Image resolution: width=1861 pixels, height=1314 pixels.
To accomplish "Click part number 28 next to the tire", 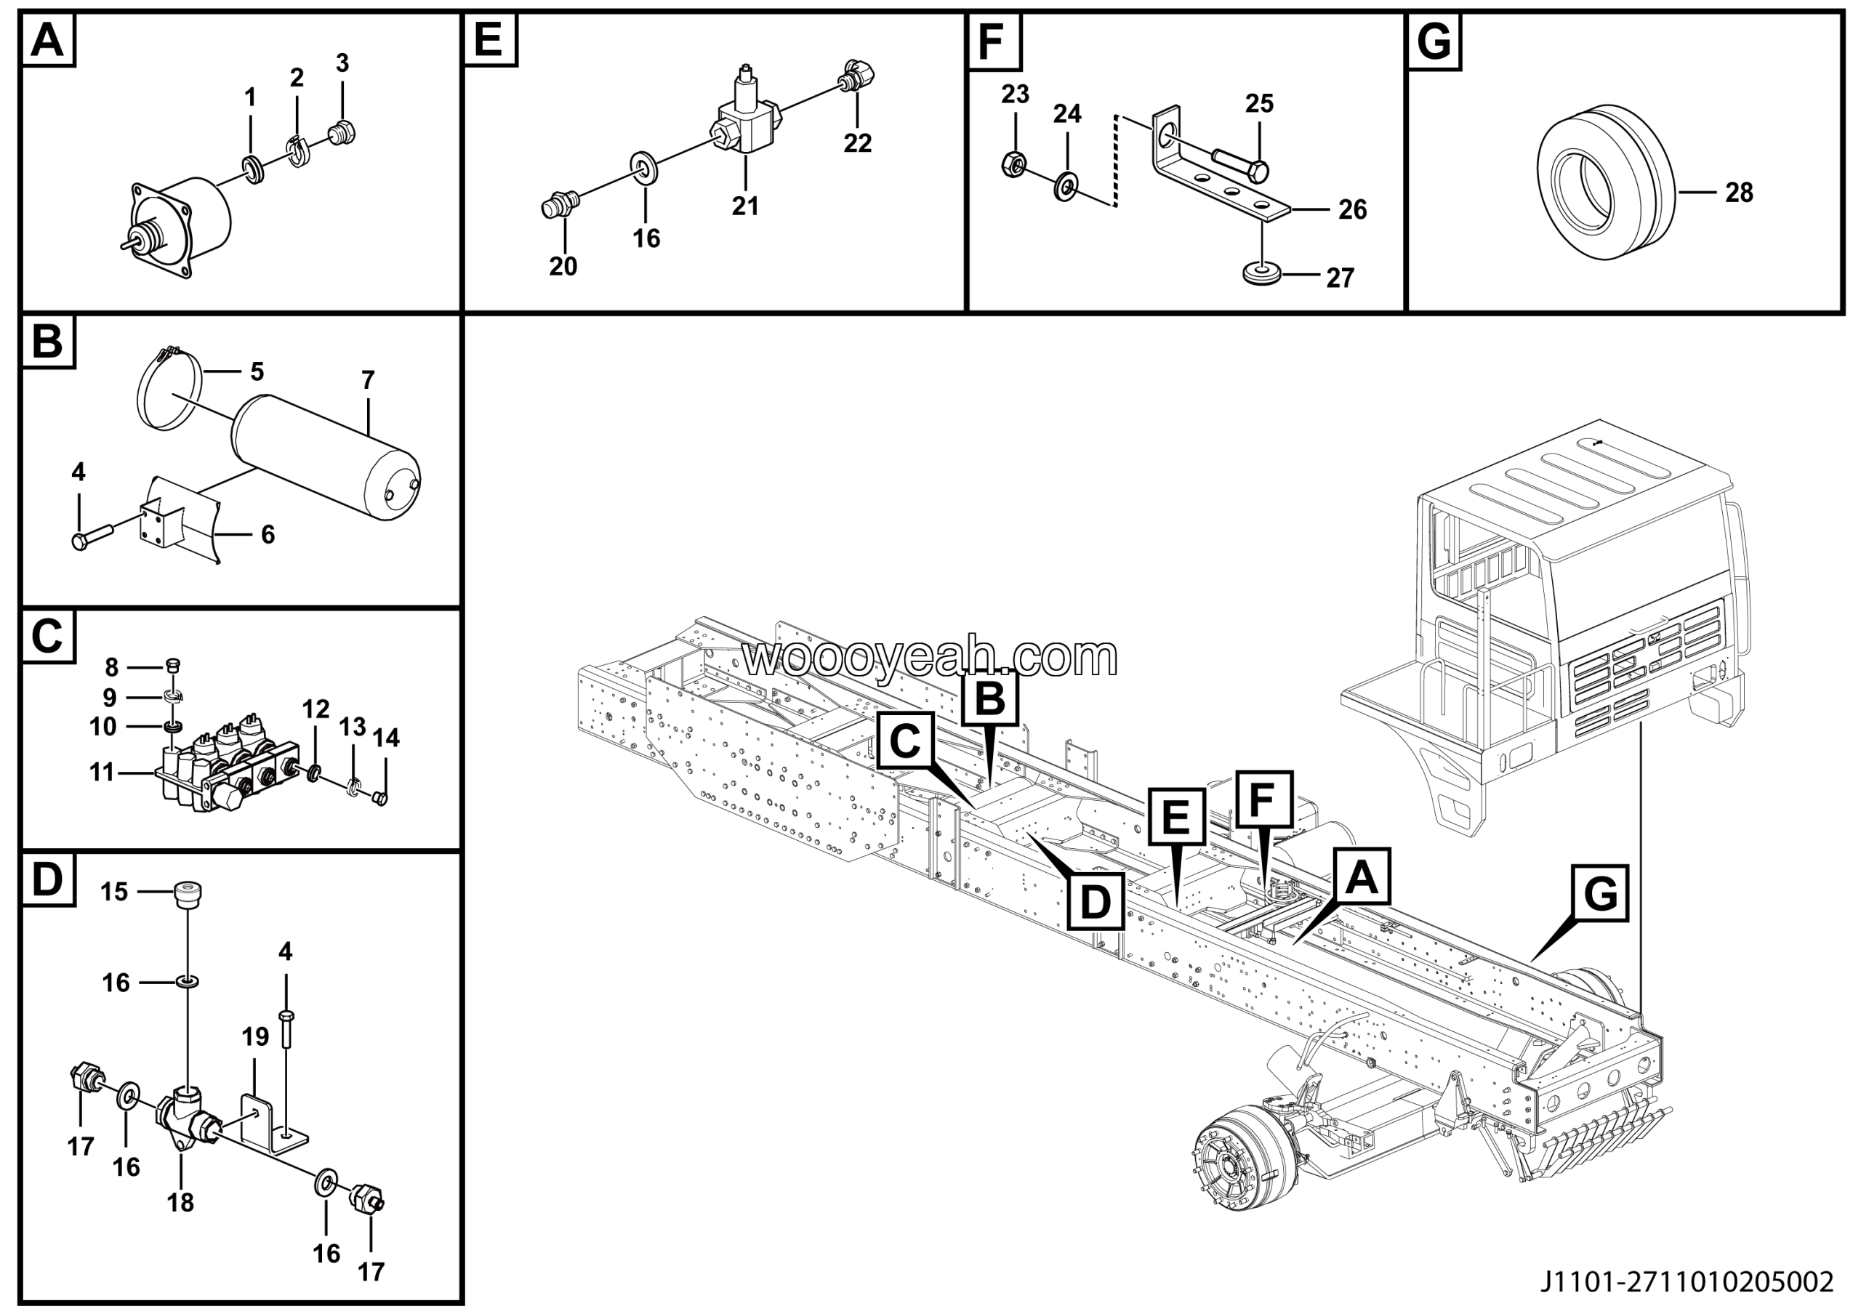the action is [x=1739, y=193].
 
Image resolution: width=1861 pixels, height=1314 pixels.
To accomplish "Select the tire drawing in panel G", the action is [x=1605, y=182].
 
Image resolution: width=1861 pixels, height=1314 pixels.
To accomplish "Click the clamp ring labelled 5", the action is [x=168, y=387].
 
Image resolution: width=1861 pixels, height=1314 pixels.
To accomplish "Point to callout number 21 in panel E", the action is [x=745, y=206].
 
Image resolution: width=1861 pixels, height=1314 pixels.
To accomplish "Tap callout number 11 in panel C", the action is [x=101, y=772].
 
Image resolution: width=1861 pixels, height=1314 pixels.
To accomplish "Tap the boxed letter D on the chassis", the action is [x=1095, y=901].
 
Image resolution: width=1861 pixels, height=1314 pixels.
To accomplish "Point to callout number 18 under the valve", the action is [x=180, y=1203].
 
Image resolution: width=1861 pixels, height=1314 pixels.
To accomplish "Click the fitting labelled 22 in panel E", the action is [x=859, y=77].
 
